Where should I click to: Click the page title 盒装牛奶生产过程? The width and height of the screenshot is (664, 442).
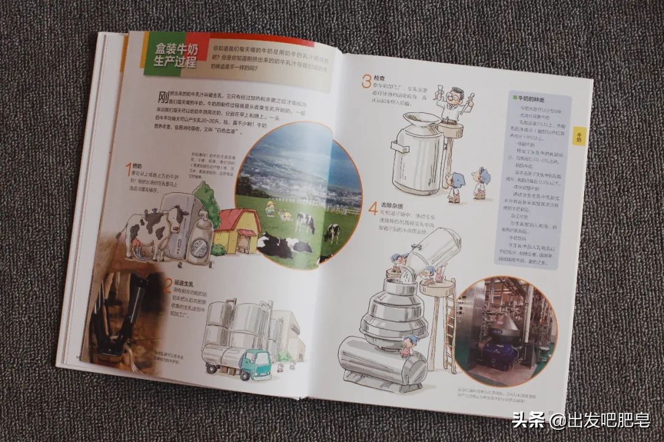tap(172, 56)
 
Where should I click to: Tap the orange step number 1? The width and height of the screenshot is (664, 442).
tap(129, 169)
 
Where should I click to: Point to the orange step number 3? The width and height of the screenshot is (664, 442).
tap(366, 81)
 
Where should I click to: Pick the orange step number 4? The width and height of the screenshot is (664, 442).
tap(373, 208)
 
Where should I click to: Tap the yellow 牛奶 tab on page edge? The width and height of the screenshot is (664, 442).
tap(579, 137)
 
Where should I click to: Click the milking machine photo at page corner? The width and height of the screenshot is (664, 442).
tap(120, 313)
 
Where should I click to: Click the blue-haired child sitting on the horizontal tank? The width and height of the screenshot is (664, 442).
tap(408, 344)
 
